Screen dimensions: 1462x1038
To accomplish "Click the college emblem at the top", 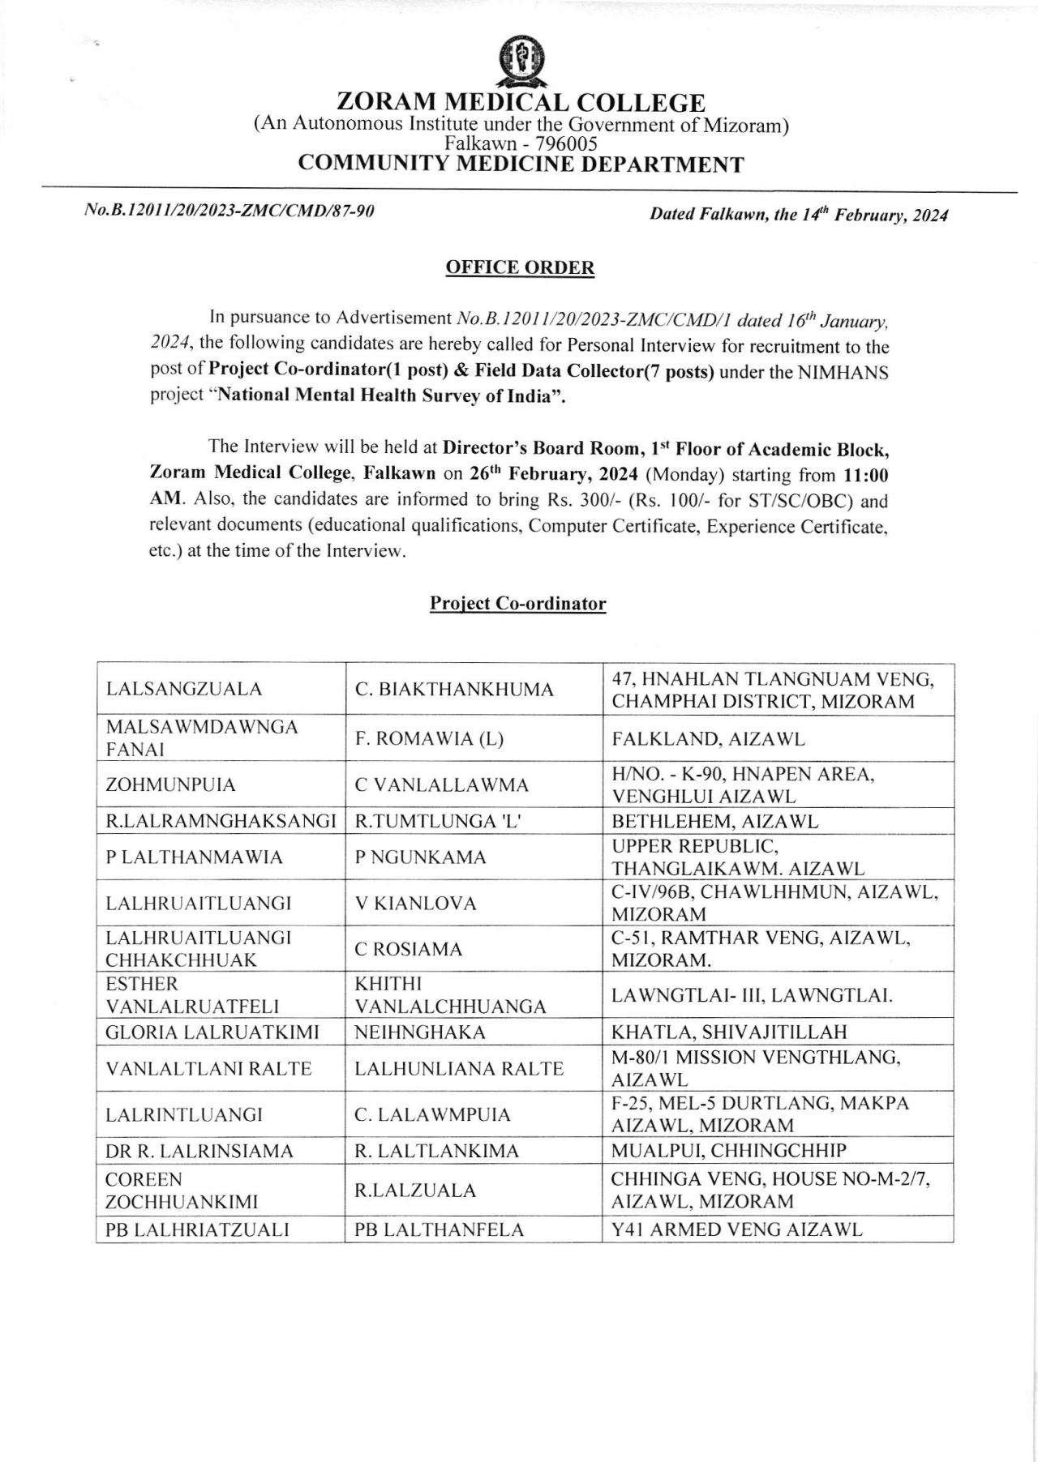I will pos(520,62).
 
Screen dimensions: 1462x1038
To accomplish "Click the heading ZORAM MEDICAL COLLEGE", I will pos(520,103).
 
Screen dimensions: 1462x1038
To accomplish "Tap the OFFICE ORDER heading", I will pos(520,267).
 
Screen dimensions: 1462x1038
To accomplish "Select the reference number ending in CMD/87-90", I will pos(229,213).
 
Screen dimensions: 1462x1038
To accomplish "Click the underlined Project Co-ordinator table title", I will pos(517,604).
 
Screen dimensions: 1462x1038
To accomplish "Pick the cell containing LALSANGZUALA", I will pos(184,690).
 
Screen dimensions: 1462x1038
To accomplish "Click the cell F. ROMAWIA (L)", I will pos(430,738).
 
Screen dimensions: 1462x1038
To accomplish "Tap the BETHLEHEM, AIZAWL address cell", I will pos(714,821).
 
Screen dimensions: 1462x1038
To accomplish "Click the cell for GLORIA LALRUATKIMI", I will pos(212,1032).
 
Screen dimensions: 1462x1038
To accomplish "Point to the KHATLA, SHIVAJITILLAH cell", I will pos(728,1032).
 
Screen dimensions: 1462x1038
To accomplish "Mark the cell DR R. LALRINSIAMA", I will pos(199,1151).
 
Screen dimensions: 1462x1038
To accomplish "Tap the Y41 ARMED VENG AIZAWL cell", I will pos(736,1229).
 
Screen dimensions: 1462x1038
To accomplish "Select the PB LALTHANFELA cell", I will pos(439,1229).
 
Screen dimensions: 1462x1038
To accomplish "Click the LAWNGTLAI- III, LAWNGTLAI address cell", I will pos(752,995).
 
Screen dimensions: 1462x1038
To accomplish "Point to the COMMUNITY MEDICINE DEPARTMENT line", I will pos(520,165).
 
